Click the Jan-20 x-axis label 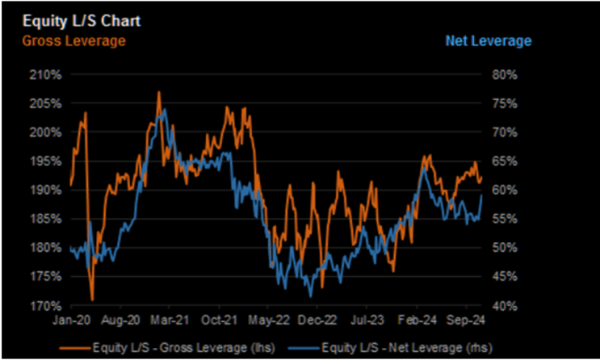70,319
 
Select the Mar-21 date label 170,319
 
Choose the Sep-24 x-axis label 467,319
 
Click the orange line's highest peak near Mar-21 159,93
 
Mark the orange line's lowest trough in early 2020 92,299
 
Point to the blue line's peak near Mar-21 164,109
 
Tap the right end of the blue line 482,194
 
